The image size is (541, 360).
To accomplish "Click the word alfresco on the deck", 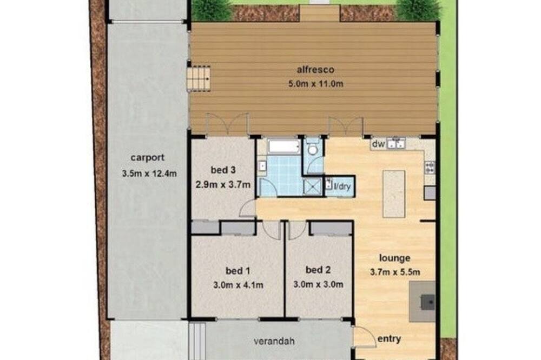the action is [x=315, y=70].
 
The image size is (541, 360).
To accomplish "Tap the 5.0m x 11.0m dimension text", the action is [x=316, y=84].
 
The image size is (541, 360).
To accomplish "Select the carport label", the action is [x=147, y=158].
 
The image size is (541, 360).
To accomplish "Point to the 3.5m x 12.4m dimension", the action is [x=149, y=174].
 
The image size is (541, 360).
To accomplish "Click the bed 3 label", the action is [x=223, y=170].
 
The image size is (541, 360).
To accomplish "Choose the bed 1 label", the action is [x=237, y=271].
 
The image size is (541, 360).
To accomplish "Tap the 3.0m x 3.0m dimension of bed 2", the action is [x=318, y=284].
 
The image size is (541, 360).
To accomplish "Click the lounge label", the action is [x=395, y=258].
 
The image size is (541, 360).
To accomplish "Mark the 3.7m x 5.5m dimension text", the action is [x=395, y=272].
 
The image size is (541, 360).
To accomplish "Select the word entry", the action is [x=389, y=339].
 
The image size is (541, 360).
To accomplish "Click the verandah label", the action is [x=274, y=342].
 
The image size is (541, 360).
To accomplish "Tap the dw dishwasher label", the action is [x=378, y=144].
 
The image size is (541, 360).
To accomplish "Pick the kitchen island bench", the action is [x=394, y=194].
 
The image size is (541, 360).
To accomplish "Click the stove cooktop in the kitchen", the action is [x=430, y=168].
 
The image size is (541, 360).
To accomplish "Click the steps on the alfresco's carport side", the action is [x=199, y=79].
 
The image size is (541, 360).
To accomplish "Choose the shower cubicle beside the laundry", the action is [x=312, y=186].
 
